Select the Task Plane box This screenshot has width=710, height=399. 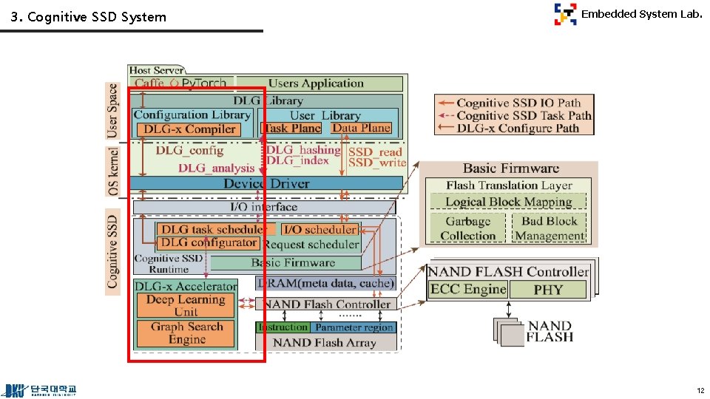coord(293,128)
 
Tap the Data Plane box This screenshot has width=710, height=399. coord(361,128)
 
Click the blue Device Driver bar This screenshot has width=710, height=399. coord(266,183)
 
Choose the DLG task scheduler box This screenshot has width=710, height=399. coord(211,230)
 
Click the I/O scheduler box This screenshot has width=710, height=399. coord(319,230)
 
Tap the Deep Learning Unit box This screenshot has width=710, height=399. coord(185,305)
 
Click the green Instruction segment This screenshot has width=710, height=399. coord(283,327)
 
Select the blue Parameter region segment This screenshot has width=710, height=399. coord(354,327)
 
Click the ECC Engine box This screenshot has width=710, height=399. coord(467,290)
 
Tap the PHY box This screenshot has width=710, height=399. coord(548,290)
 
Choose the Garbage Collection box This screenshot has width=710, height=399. coord(467,228)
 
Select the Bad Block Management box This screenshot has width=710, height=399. coord(549,228)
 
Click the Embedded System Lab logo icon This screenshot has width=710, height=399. coord(565,14)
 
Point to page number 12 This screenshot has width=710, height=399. coord(700,390)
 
